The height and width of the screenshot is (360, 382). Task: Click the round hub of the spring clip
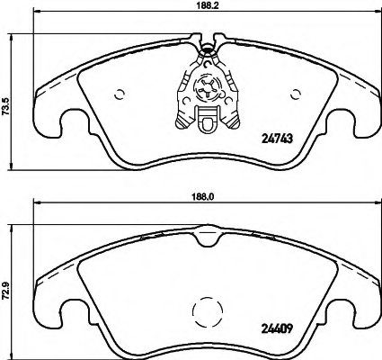pyautogui.click(x=205, y=88)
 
